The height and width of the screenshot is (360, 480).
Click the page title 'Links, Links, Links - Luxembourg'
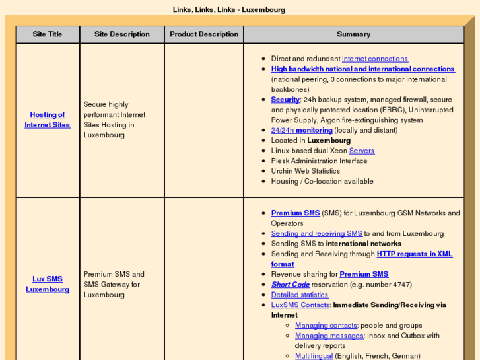pos(229,10)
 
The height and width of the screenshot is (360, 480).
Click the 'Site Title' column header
pos(48,34)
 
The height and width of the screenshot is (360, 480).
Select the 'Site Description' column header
pos(122,34)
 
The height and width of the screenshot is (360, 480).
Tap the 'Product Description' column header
pos(204,34)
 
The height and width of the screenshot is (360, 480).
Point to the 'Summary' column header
pos(353,34)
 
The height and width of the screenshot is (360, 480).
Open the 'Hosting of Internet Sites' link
pos(48,120)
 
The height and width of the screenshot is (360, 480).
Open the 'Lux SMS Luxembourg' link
pos(48,284)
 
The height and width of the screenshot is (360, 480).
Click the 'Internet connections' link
pos(374,59)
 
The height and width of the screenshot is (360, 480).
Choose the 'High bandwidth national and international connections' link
pos(362,69)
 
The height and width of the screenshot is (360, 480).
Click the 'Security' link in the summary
pos(285,100)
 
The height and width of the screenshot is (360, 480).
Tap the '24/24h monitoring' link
pos(302,130)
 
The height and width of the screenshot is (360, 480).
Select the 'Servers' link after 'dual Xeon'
pos(361,151)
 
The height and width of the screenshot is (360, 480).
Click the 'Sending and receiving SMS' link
pos(316,233)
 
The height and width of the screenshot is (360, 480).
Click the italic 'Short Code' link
pos(290,285)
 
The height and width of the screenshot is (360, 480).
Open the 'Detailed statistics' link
pos(299,295)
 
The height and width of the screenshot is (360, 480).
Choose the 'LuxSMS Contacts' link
pos(300,305)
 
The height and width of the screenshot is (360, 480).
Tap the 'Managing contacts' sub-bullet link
pos(326,326)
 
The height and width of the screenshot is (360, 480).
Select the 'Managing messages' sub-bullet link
pos(329,336)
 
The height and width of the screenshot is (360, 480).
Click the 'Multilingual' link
pos(314,356)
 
